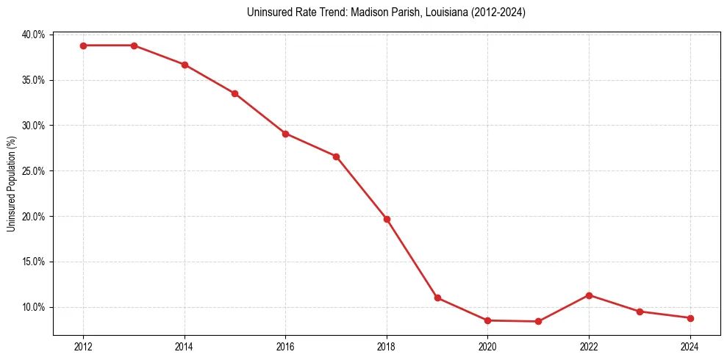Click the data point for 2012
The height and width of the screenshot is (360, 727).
click(x=83, y=46)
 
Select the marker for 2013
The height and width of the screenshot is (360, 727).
click(x=134, y=46)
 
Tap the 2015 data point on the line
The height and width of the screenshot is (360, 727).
click(x=234, y=93)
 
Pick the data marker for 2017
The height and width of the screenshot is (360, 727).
click(x=336, y=156)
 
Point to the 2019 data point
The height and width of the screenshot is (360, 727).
click(x=437, y=298)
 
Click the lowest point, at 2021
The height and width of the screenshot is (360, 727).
click(x=538, y=321)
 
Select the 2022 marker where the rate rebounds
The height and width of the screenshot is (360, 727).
click(x=589, y=295)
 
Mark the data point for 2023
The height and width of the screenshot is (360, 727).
click(x=640, y=312)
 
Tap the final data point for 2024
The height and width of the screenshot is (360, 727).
click(x=690, y=318)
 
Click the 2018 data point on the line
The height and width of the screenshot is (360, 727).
click(x=387, y=219)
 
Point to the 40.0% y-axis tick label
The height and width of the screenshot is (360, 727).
click(x=33, y=35)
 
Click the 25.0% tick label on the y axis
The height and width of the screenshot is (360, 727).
click(x=33, y=171)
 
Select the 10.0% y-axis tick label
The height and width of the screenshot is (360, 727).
click(x=33, y=307)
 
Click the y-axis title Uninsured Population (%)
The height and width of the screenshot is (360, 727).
click(x=11, y=183)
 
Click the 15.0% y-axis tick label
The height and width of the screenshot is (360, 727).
click(x=33, y=262)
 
